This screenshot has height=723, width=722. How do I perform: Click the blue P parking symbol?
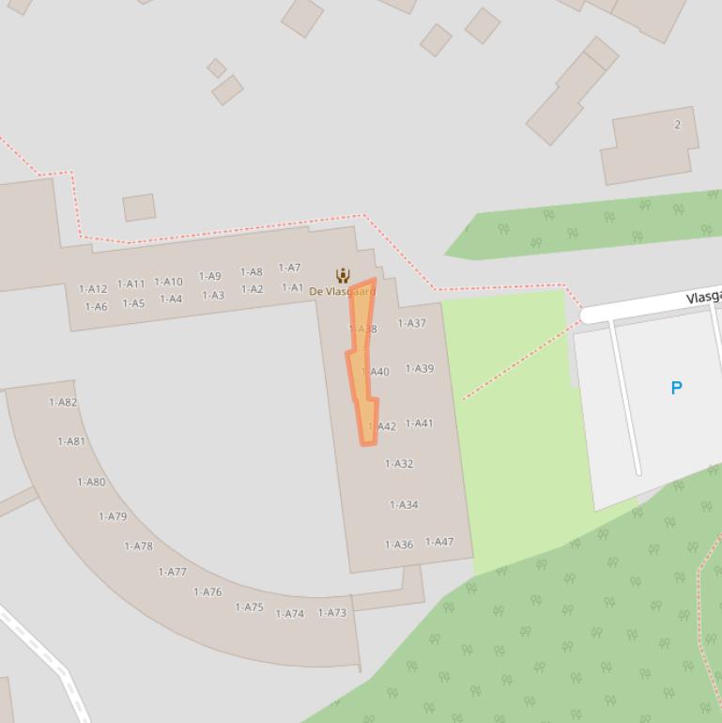click(x=676, y=388)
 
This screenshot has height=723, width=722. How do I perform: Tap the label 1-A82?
click(x=63, y=403)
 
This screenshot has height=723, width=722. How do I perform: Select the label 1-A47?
click(x=439, y=542)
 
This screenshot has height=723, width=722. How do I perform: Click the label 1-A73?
click(x=332, y=613)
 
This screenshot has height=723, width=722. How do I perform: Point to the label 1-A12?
click(x=93, y=289)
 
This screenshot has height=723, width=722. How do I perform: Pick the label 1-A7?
click(x=290, y=269)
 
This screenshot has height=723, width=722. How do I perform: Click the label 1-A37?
click(x=412, y=323)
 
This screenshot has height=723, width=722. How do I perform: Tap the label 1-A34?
click(x=404, y=505)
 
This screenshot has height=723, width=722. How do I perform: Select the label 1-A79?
click(x=113, y=516)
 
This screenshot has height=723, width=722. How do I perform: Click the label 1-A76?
click(x=207, y=592)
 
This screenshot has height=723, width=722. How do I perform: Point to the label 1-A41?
click(x=420, y=423)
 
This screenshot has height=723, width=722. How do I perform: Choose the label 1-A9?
click(x=209, y=277)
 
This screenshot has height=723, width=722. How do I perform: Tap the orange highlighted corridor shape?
click(x=362, y=357)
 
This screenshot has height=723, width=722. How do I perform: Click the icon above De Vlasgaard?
click(x=343, y=275)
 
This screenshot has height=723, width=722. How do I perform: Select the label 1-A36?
click(x=399, y=545)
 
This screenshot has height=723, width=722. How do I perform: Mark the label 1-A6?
click(x=96, y=307)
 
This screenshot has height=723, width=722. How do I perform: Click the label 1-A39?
click(x=420, y=369)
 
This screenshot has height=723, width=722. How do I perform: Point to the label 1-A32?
click(x=399, y=464)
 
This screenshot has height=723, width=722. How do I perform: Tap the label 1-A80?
click(x=91, y=483)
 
